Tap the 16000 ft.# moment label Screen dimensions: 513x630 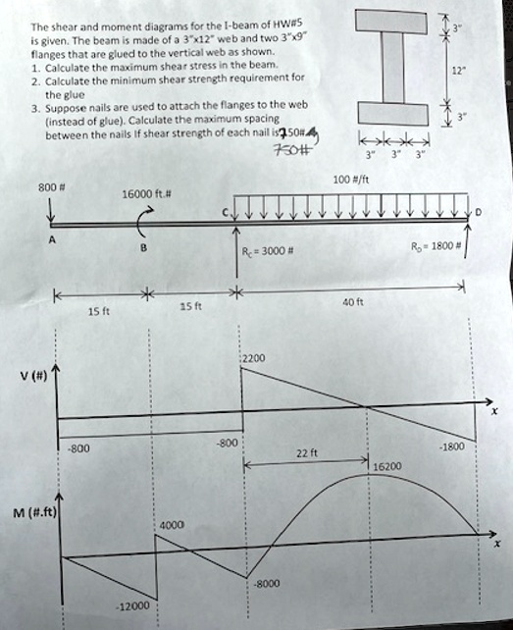tap(145, 195)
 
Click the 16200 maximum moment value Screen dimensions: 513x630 tap(387, 467)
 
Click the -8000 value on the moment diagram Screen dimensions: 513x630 tap(266, 583)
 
